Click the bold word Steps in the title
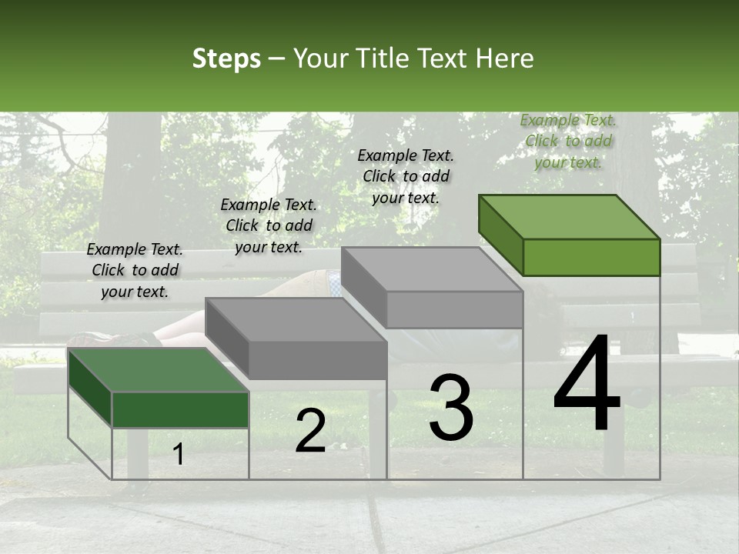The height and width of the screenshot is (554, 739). point(226,58)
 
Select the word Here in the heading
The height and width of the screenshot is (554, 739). point(504,58)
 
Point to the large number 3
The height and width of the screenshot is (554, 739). point(451,408)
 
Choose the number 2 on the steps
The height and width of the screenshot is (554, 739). point(310,431)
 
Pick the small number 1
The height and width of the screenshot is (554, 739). point(179,455)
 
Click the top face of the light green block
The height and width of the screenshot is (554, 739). point(570,217)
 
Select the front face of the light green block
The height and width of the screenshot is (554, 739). point(591,257)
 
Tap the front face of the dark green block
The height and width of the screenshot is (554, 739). point(180,409)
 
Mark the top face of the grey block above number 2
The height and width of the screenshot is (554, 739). point(296,319)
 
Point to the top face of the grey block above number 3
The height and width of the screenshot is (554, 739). point(432,269)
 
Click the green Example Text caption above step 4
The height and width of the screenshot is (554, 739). point(568,141)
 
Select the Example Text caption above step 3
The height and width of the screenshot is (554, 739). point(406,176)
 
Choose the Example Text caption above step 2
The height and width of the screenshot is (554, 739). point(269,225)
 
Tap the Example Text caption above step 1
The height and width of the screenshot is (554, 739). point(135,270)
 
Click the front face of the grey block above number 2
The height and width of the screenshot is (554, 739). point(317,360)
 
